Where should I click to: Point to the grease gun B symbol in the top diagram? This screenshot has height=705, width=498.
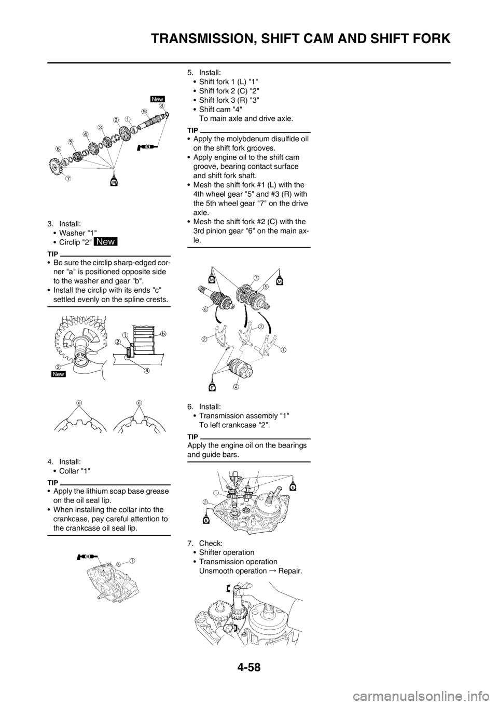click(x=145, y=147)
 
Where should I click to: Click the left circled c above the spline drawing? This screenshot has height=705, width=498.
click(x=78, y=402)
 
